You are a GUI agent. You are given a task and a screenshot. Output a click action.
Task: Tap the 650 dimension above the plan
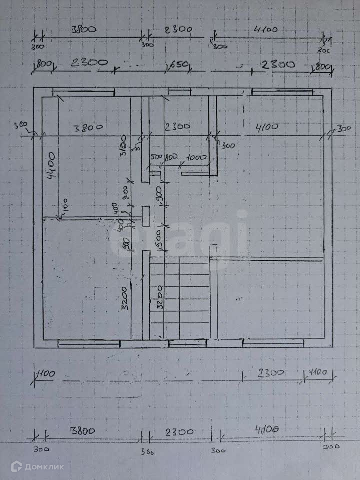coord(178,64)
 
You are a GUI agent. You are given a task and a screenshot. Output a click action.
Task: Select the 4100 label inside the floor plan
coord(267,127)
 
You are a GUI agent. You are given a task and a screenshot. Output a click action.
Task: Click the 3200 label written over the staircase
coord(160,297)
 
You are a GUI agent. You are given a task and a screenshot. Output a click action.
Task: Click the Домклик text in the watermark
coord(44,467)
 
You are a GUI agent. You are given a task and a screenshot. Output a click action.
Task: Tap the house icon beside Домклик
coord(17,467)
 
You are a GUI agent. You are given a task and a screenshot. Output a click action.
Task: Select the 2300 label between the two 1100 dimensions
coord(270,373)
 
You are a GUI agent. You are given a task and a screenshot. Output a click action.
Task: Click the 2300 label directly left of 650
coord(89,63)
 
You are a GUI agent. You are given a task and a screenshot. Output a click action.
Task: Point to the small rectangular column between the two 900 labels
coord(145,215)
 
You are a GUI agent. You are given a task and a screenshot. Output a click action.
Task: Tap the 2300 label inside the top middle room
coord(177,127)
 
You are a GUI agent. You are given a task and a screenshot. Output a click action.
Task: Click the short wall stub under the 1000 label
coord(195,173)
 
